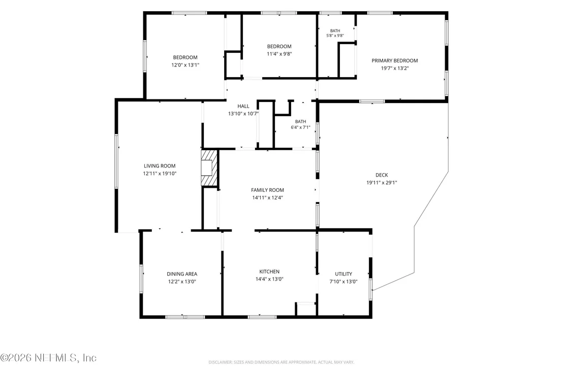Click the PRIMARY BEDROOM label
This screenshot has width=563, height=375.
pyautogui.click(x=395, y=60)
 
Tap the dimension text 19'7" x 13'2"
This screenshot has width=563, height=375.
pyautogui.click(x=395, y=68)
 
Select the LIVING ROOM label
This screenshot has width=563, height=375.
pyautogui.click(x=160, y=165)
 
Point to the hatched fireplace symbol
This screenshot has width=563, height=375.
pyautogui.click(x=209, y=168)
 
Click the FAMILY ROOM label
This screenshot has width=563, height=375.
pyautogui.click(x=267, y=190)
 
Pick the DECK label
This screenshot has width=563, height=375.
pyautogui.click(x=382, y=175)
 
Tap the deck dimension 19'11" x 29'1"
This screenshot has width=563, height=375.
pyautogui.click(x=382, y=183)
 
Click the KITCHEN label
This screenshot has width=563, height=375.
pyautogui.click(x=269, y=271)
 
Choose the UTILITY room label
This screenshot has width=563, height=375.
pyautogui.click(x=343, y=274)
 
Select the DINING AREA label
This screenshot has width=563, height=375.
pyautogui.click(x=182, y=274)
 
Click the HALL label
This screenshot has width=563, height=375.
pyautogui.click(x=243, y=106)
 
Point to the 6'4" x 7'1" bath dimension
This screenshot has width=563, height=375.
pyautogui.click(x=300, y=127)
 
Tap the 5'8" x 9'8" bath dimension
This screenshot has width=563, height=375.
pyautogui.click(x=335, y=36)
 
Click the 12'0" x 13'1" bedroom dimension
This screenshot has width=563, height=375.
pyautogui.click(x=185, y=65)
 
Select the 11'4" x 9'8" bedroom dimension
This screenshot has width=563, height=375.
pyautogui.click(x=279, y=54)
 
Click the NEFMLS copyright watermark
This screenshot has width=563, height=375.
pyautogui.click(x=48, y=358)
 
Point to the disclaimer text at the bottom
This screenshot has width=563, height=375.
pyautogui.click(x=281, y=362)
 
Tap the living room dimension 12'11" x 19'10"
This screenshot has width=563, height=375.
pyautogui.click(x=160, y=173)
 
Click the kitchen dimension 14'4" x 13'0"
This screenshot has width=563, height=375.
pyautogui.click(x=269, y=279)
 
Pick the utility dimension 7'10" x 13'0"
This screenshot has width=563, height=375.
pyautogui.click(x=343, y=282)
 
